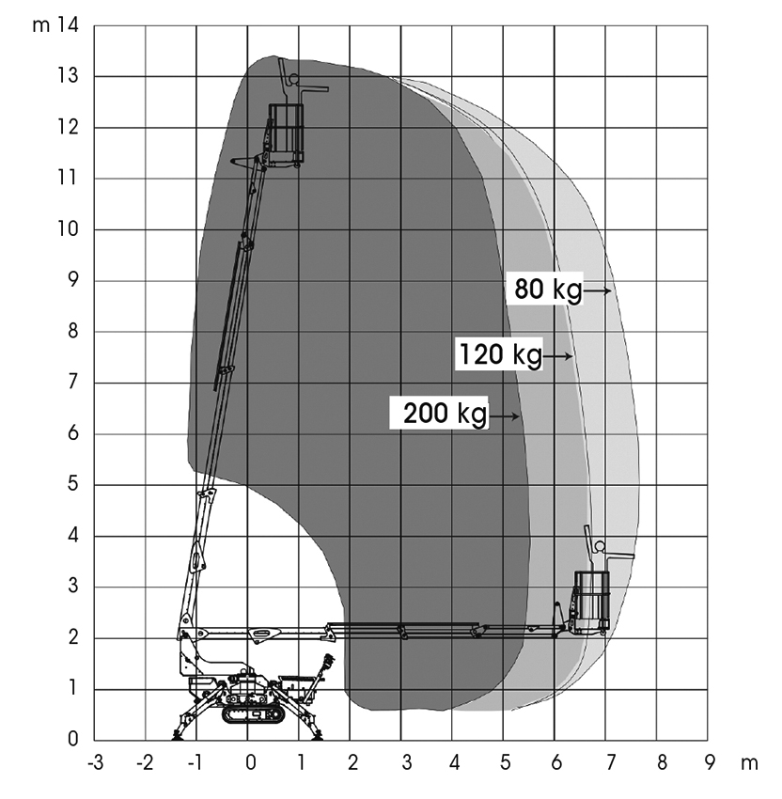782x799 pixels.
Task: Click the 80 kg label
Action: pos(548,289)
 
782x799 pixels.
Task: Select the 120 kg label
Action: pos(501,353)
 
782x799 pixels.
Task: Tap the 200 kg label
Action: pos(446,413)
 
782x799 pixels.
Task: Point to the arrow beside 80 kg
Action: pos(597,290)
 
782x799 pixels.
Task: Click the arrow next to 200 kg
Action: pos(505,416)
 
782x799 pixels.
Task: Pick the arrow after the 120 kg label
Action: pos(558,356)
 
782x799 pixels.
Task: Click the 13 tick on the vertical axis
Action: pos(68,76)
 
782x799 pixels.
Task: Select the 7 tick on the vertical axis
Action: pos(73,382)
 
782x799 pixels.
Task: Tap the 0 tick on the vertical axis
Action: pos(73,738)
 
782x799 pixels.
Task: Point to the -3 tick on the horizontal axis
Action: pos(95,763)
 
